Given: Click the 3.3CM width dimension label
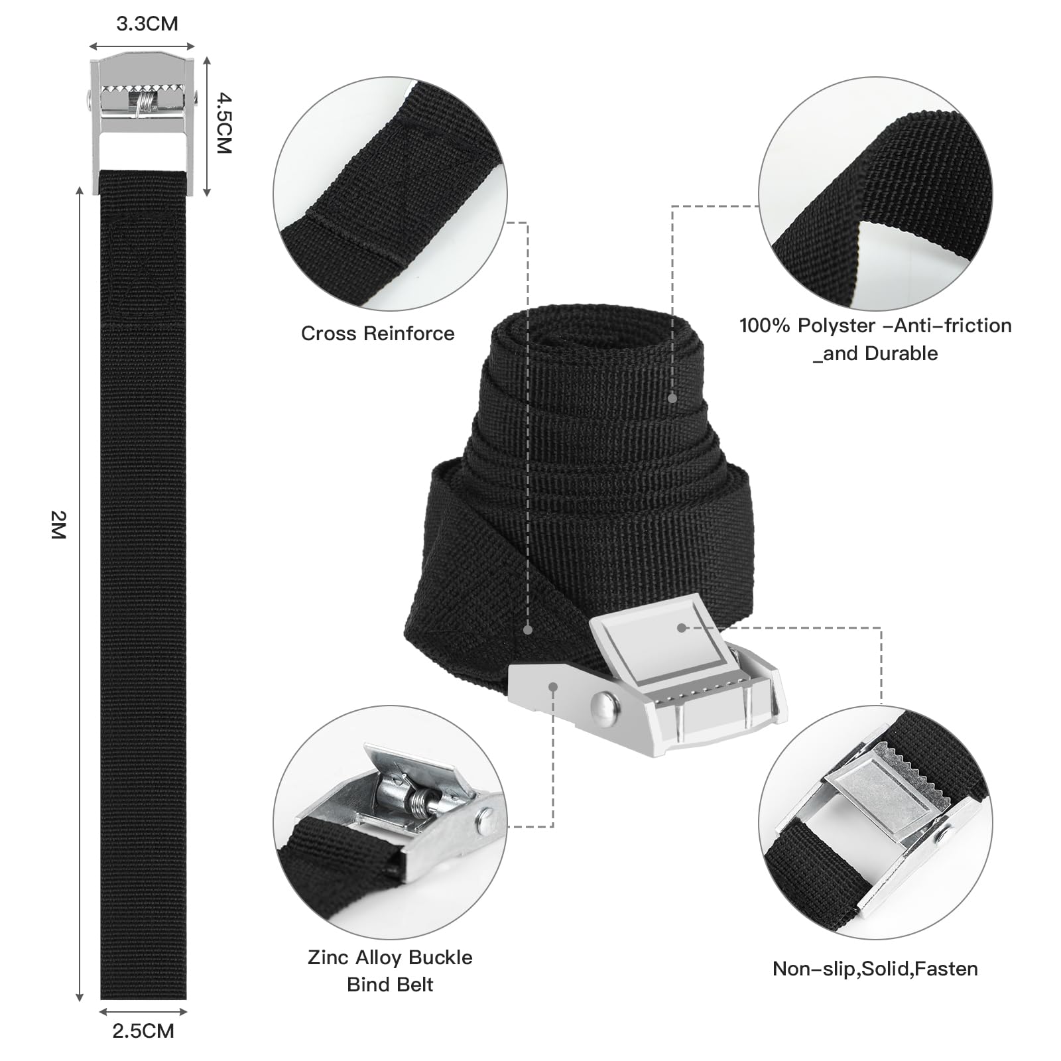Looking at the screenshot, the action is [147, 24].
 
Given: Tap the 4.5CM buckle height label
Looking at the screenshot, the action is [224, 123].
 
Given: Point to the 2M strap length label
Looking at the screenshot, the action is [59, 525].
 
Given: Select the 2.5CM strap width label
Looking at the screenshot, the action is [143, 1030].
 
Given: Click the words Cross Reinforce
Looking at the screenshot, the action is [378, 333].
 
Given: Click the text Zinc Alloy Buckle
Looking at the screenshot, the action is [390, 957].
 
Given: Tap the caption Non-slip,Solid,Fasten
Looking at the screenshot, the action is [875, 969].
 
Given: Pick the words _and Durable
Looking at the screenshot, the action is [876, 353].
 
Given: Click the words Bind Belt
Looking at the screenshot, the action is [390, 984].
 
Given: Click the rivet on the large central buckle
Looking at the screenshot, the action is [603, 704].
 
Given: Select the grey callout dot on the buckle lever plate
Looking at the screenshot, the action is [681, 627].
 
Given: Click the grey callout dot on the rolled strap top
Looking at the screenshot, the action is [672, 399].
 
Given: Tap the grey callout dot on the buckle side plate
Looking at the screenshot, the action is [552, 687].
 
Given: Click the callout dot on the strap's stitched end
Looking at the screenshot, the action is [528, 629].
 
